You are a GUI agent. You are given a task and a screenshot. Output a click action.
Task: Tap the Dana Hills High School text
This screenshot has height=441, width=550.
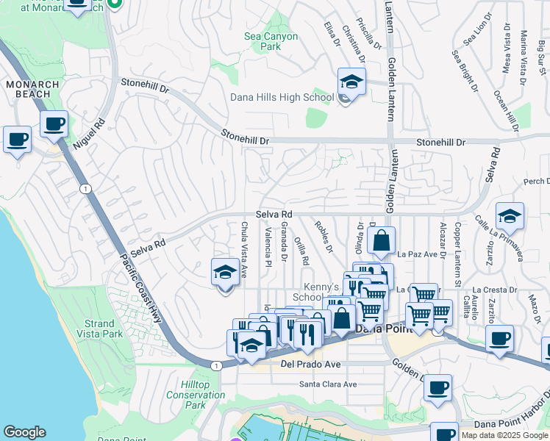[282, 97]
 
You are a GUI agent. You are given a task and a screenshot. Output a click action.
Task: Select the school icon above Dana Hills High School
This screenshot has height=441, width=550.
[351, 82]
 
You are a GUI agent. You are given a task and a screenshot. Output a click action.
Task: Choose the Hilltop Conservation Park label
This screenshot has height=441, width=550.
[196, 395]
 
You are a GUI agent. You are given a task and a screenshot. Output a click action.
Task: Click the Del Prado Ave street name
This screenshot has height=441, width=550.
[311, 364]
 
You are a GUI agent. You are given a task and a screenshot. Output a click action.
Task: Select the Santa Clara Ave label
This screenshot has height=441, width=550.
[327, 384]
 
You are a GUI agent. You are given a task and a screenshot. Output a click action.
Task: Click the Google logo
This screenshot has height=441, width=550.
[24, 432]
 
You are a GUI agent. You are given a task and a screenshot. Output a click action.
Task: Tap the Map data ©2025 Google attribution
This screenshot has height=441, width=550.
[505, 435]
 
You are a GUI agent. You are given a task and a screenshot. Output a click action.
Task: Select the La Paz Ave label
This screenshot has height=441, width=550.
[417, 254]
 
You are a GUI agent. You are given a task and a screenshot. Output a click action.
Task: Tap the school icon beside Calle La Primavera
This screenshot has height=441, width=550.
[510, 216]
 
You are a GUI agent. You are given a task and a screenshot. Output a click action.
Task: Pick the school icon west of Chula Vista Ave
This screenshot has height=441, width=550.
[225, 272]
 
